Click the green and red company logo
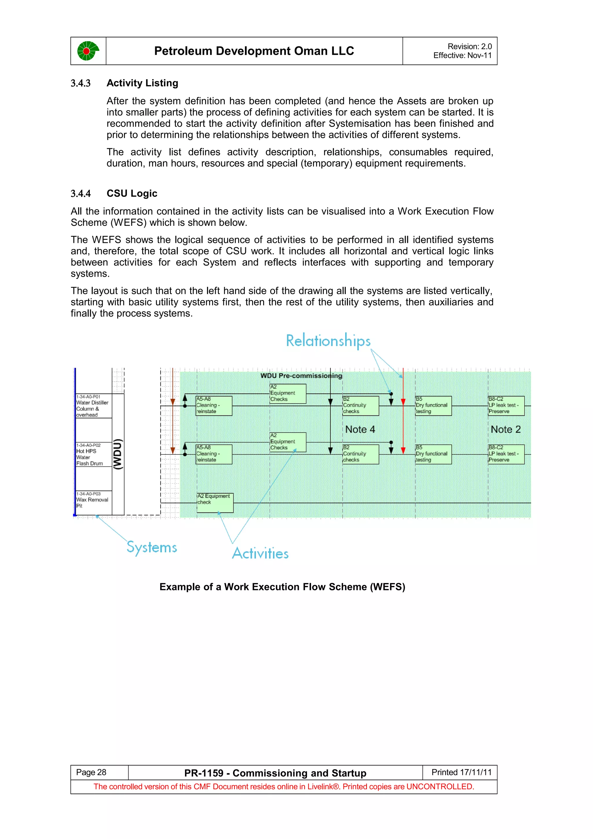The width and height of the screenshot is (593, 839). (x=88, y=51)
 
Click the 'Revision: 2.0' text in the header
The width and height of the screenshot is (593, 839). (x=469, y=46)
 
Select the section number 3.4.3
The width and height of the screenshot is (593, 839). (x=80, y=83)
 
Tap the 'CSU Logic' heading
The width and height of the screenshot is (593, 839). (x=132, y=193)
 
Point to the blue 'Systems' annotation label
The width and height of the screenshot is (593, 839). (x=152, y=547)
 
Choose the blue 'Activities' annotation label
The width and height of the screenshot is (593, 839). (x=260, y=553)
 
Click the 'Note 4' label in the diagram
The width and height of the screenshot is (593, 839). (x=360, y=429)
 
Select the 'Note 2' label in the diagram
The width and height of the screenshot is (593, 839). (x=505, y=429)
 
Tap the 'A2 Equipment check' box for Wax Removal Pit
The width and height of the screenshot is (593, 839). (x=215, y=503)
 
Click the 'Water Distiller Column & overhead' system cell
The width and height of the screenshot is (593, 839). (x=93, y=406)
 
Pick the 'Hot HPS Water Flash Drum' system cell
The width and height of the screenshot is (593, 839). (x=93, y=454)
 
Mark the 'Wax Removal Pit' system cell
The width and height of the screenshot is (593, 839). (x=93, y=500)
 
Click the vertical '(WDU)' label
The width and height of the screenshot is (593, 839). (x=118, y=454)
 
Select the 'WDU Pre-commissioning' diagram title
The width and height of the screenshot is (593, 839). (x=301, y=376)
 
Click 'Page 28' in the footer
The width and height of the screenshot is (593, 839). (x=91, y=772)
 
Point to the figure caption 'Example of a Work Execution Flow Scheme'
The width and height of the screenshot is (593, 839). (x=282, y=587)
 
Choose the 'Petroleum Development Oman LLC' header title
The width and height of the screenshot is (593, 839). (x=254, y=51)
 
